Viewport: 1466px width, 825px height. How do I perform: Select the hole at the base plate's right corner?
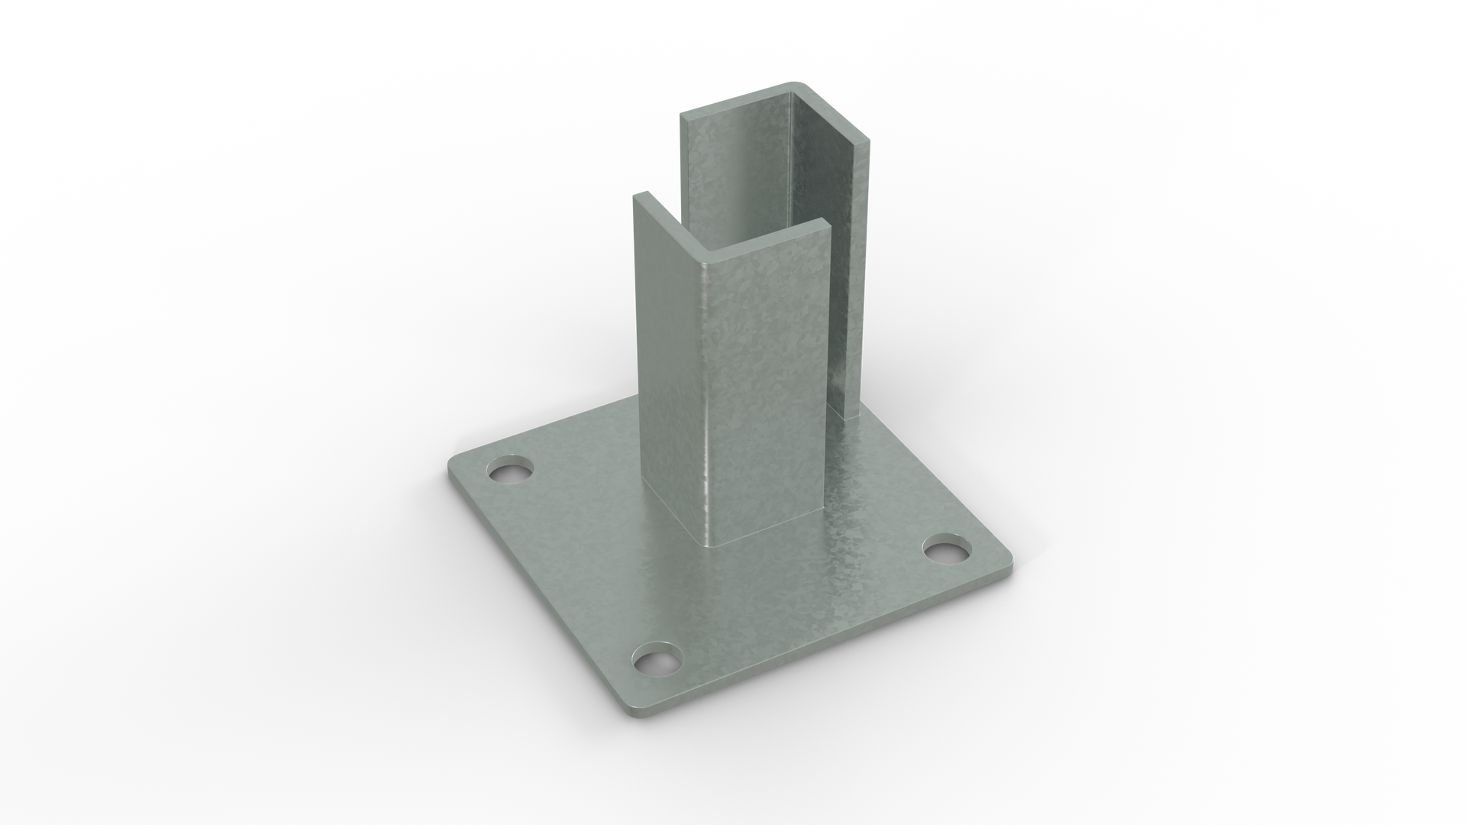point(947,550)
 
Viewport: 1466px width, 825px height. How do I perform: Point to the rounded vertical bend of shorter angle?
point(708,397)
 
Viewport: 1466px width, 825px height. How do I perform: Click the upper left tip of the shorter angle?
point(635,196)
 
